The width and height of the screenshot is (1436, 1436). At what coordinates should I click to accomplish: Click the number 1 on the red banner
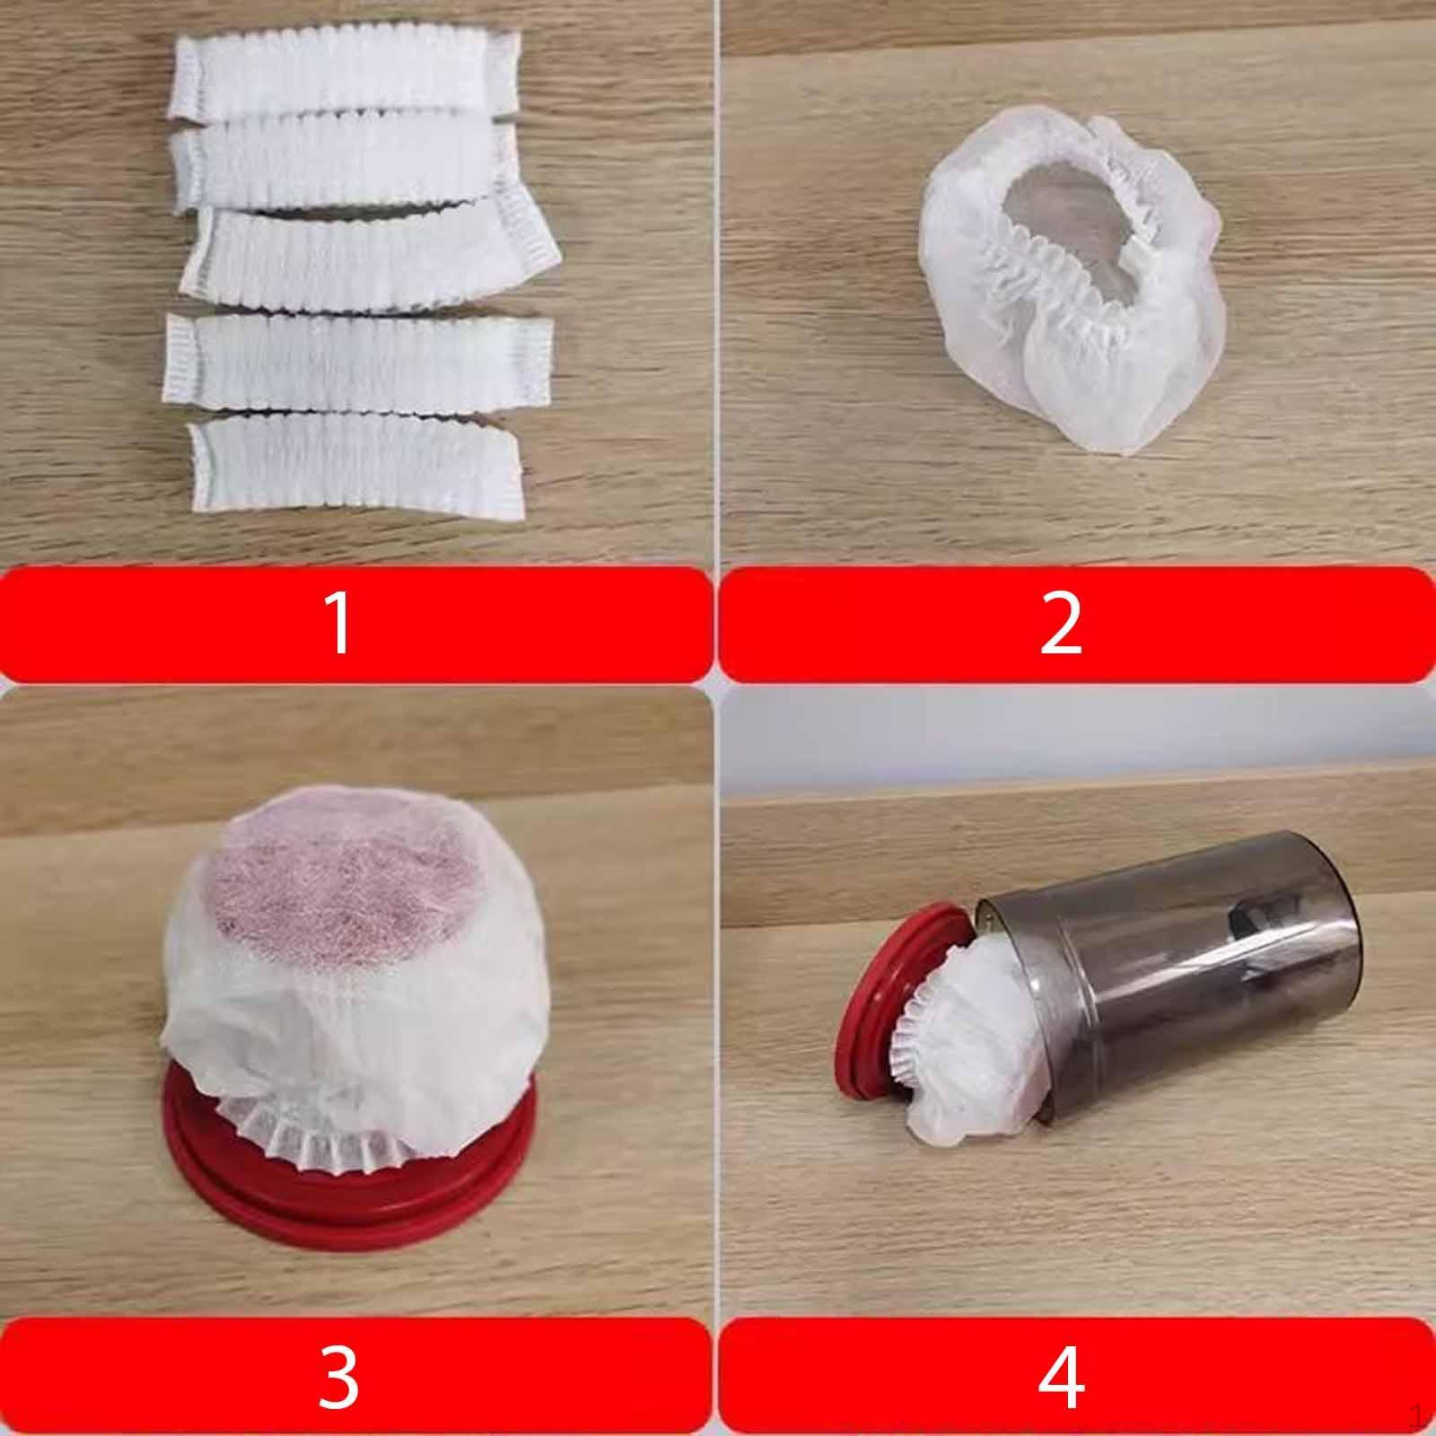(338, 623)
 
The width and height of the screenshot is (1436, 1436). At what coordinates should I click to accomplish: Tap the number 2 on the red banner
(1061, 623)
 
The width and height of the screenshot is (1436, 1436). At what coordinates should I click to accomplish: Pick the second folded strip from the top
(345, 166)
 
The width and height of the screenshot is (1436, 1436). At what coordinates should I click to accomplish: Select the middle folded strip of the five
(368, 251)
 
